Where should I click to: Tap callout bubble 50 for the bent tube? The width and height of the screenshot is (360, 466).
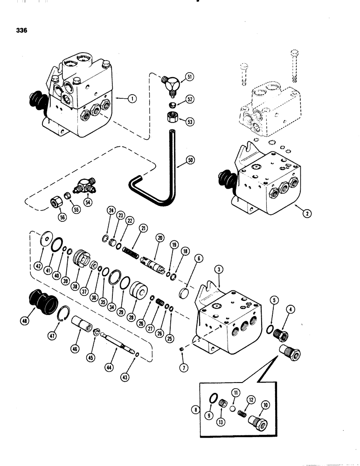click(190, 160)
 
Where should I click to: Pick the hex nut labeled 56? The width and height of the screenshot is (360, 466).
click(55, 204)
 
